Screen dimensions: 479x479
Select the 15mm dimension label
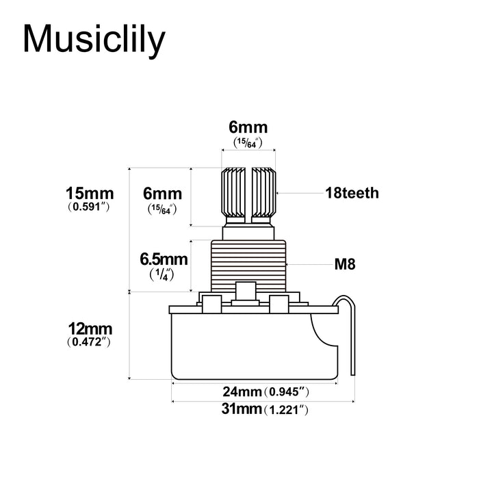pos(89,193)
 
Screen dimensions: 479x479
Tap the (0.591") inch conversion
pos(89,206)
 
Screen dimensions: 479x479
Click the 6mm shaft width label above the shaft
pos(248,127)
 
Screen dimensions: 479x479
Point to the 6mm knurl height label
pos(163,194)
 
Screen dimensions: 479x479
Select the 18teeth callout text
pos(352,193)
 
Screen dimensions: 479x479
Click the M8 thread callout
pos(345,263)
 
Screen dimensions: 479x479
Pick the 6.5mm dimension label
pos(163,259)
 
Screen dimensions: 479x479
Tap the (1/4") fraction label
pos(163,273)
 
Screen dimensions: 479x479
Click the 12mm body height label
pos(89,329)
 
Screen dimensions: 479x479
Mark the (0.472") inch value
pos(89,342)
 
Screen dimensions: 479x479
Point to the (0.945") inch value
pos(288,392)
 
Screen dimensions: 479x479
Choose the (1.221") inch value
pos(288,410)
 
